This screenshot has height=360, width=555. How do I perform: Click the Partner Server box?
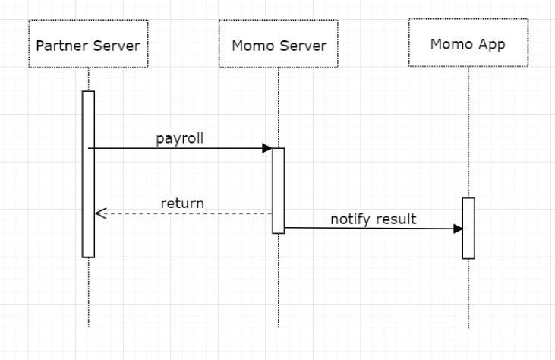(x=88, y=46)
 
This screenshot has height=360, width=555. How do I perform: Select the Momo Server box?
(x=278, y=46)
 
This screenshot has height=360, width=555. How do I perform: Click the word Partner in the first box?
(x=61, y=46)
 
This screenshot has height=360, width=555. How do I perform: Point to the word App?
(x=490, y=44)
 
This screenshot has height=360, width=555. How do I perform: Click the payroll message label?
(x=180, y=138)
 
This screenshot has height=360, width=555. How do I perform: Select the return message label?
(x=181, y=203)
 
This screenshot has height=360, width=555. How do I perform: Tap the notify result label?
(x=373, y=219)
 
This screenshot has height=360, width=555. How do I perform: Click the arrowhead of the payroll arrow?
(x=267, y=148)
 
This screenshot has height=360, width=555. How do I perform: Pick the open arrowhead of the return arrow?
(x=99, y=213)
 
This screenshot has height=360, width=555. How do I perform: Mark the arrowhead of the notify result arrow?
(x=457, y=228)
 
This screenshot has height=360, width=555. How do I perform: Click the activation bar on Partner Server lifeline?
(x=88, y=175)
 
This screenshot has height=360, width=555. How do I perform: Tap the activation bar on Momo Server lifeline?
(x=278, y=190)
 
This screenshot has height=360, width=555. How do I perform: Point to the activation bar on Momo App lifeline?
(x=468, y=228)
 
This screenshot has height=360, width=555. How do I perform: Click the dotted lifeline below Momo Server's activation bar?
(x=278, y=281)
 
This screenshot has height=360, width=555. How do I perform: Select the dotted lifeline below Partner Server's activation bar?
(x=88, y=292)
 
